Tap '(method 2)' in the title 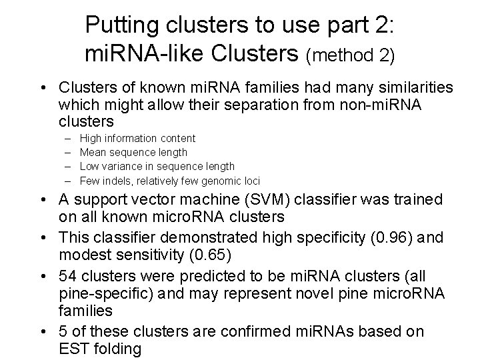click(x=351, y=55)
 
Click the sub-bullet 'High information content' click(x=137, y=139)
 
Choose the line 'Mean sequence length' click(x=133, y=153)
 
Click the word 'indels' click(x=117, y=181)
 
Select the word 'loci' click(x=249, y=181)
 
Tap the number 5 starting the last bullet click(x=64, y=331)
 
